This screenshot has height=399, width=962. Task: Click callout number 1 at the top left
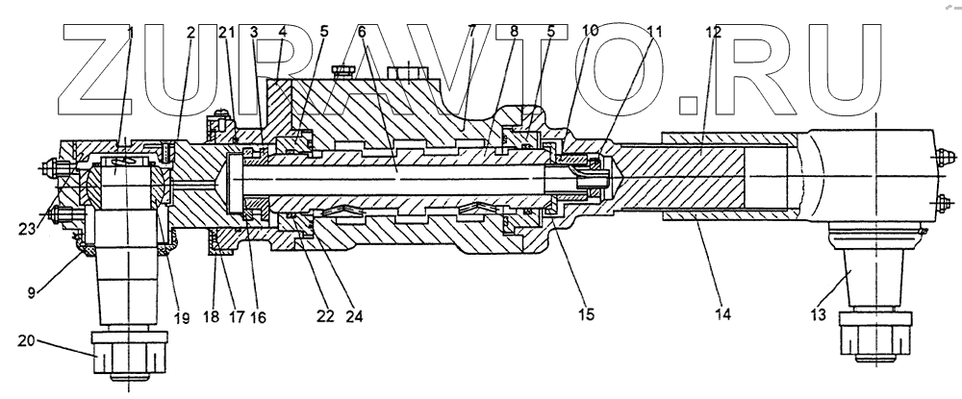(x=131, y=32)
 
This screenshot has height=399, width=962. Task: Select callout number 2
(x=190, y=32)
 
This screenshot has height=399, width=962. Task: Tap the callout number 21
(x=227, y=32)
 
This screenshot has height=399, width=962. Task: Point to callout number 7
(x=472, y=32)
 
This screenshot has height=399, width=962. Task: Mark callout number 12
(x=712, y=32)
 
